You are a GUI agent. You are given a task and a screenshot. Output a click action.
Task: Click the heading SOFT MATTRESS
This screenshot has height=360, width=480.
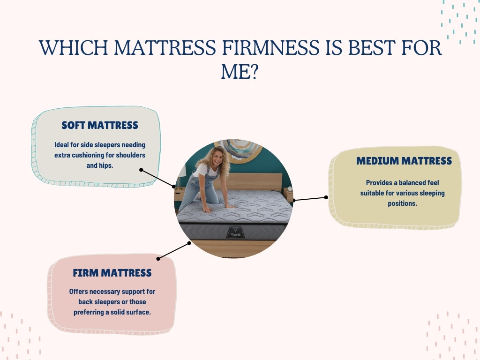click(100, 125)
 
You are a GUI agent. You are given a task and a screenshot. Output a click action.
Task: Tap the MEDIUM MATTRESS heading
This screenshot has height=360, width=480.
click(404, 161)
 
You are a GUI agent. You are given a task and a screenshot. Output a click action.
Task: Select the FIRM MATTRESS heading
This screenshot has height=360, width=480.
click(112, 273)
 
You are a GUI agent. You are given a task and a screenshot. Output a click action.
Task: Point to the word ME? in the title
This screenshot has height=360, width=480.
click(240, 72)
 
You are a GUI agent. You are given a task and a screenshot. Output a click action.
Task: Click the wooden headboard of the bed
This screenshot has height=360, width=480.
click(253, 180)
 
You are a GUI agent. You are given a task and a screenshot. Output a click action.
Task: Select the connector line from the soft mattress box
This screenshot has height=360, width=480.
click(157, 179)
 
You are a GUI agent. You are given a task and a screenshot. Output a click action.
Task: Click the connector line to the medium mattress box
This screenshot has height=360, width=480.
click(310, 199)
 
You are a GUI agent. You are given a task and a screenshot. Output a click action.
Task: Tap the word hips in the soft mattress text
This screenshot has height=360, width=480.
click(106, 165)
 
